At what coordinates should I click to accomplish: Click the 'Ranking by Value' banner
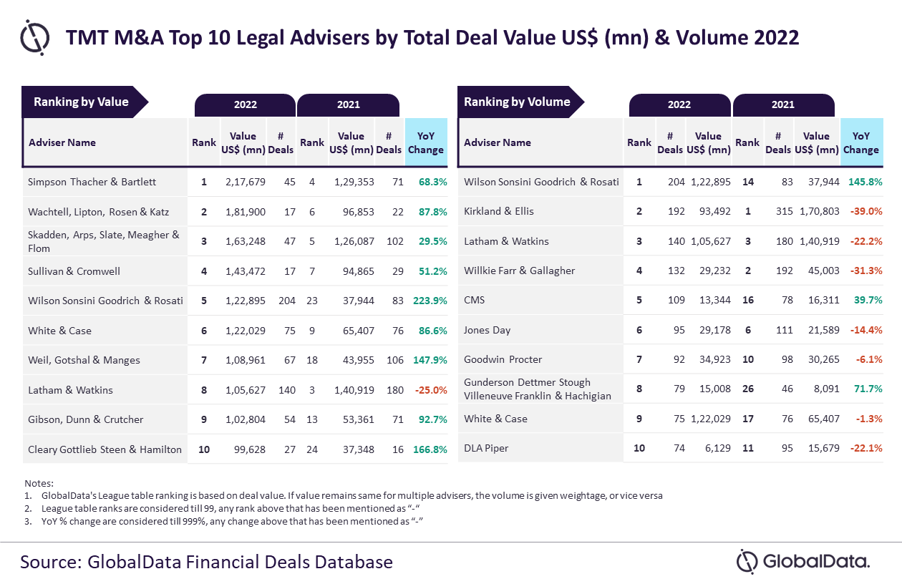click(x=81, y=102)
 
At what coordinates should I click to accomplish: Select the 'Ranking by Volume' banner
click(x=517, y=102)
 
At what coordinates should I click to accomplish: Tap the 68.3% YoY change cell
click(x=432, y=182)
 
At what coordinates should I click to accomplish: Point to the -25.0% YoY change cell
click(x=431, y=390)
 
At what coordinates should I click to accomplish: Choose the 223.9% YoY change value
click(x=430, y=301)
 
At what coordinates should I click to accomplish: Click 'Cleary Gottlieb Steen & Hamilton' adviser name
click(x=105, y=449)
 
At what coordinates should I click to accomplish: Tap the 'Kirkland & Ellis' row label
click(x=499, y=211)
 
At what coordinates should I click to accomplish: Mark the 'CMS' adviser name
click(x=475, y=300)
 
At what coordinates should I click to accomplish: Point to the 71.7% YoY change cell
click(x=867, y=389)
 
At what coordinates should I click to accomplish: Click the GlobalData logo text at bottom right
click(x=816, y=561)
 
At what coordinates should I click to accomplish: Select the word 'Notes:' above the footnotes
click(x=39, y=483)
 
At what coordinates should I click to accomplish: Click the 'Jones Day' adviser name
click(x=487, y=330)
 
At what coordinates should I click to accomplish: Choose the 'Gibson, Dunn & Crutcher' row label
click(x=86, y=419)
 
